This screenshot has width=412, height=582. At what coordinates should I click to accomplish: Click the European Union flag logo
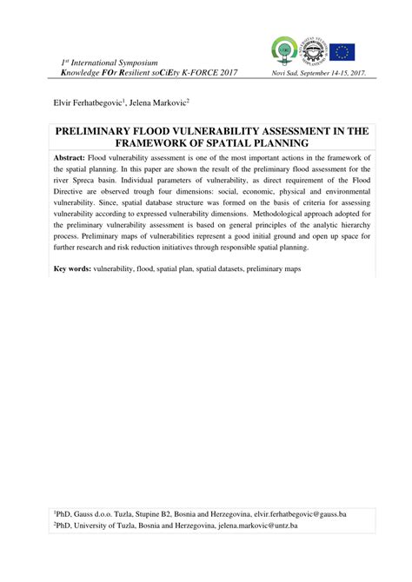(x=342, y=51)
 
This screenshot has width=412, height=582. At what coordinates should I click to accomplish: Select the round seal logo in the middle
(x=315, y=50)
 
